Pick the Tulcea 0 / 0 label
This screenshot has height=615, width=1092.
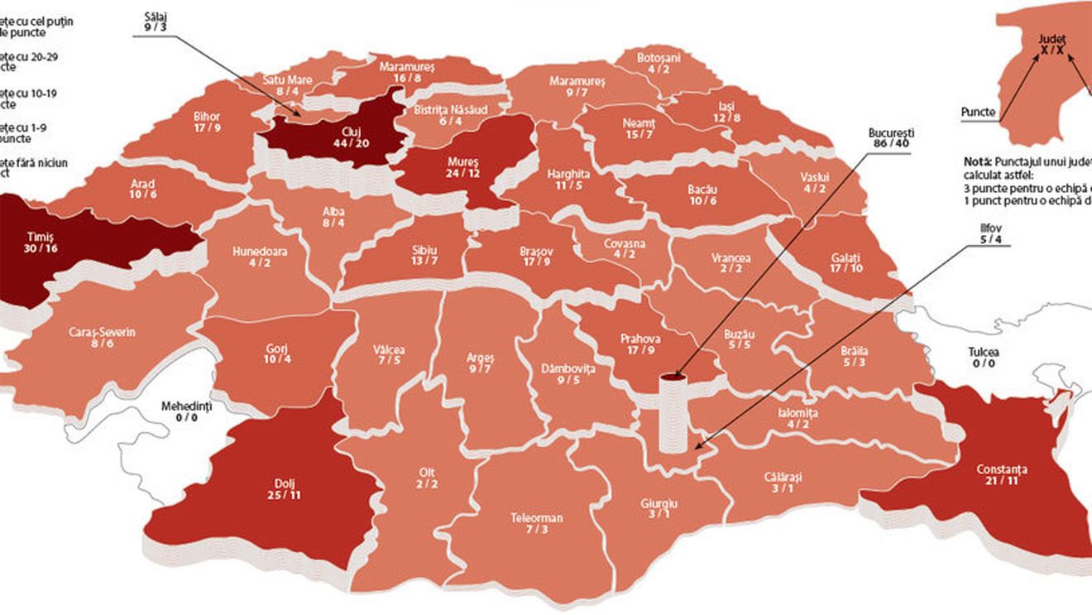[983, 357]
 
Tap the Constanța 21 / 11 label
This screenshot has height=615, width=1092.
[999, 475]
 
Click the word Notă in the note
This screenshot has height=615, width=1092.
[979, 161]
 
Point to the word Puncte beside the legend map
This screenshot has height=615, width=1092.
[978, 112]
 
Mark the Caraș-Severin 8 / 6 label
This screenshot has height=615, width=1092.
[103, 338]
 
